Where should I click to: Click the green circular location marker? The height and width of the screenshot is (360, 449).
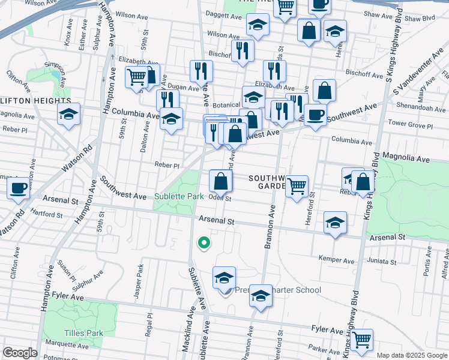click(204, 243)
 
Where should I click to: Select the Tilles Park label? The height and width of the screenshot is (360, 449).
click(83, 333)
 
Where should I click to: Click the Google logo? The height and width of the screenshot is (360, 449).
click(20, 353)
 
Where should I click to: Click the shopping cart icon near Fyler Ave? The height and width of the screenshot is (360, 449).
click(362, 340)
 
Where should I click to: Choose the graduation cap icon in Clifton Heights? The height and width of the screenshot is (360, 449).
click(69, 114)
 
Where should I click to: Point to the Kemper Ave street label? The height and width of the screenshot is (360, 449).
click(337, 260)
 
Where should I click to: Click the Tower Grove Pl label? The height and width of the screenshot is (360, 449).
click(411, 127)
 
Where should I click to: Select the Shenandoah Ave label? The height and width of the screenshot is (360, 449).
click(424, 109)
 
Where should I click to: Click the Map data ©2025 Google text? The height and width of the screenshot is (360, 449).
click(411, 355)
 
